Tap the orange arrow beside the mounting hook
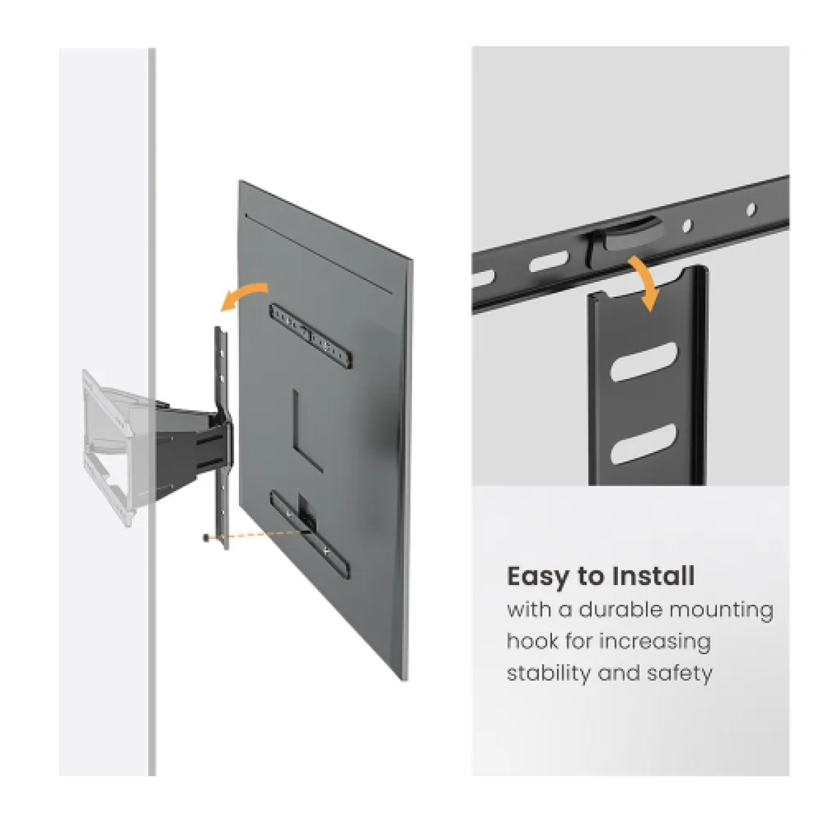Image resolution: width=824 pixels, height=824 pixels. [645, 282]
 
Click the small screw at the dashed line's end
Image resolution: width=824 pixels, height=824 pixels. [206, 538]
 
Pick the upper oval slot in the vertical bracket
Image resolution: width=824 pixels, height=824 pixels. [643, 360]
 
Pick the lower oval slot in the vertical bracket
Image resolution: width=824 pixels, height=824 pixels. [643, 442]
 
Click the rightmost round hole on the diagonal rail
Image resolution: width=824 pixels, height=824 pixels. [751, 207]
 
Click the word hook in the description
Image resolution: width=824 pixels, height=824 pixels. [531, 641]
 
